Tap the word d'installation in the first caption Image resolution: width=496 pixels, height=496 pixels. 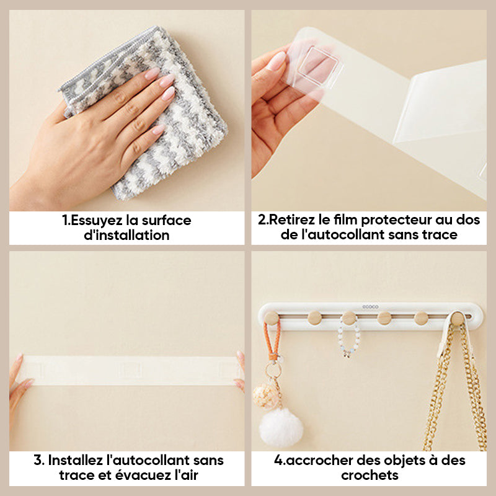tap(126, 235)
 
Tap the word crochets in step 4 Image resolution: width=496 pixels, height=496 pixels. tap(370, 475)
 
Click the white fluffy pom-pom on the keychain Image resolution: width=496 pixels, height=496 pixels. tap(281, 427)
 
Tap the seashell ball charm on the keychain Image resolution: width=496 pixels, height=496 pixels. tap(265, 396)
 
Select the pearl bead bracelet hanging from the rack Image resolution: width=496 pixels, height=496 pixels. tap(348, 338)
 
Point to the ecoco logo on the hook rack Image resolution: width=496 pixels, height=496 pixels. tap(370, 306)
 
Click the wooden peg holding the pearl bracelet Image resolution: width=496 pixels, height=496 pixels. tap(349, 317)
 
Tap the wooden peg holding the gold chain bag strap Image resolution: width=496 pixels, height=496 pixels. tap(457, 318)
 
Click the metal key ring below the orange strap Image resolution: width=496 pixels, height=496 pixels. tap(273, 370)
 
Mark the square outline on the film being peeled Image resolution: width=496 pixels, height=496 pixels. tap(319, 67)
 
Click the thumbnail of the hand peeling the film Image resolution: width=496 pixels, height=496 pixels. tap(277, 61)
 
